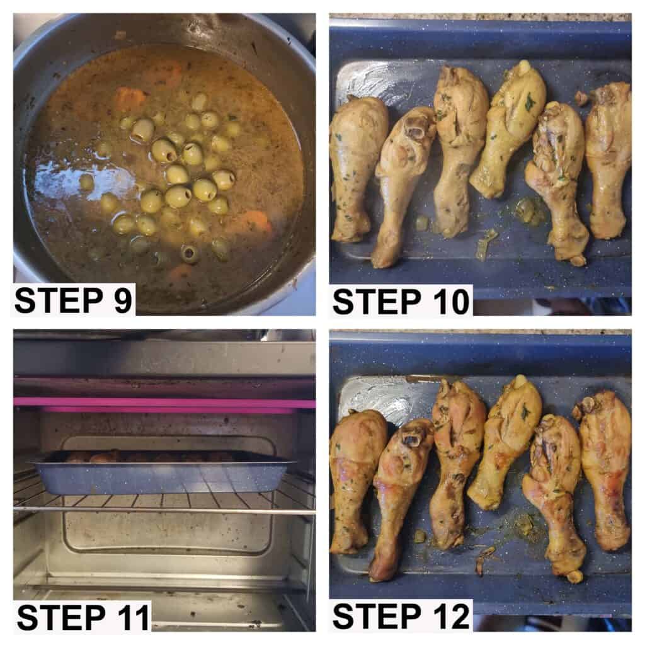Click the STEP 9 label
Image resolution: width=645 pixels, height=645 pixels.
coord(73,300)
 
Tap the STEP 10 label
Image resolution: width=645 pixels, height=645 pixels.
coord(401,302)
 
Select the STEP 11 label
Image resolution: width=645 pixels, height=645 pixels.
coord(83,617)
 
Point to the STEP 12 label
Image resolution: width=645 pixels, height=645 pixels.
coord(401,617)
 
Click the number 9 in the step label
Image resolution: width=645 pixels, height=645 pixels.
coord(122,300)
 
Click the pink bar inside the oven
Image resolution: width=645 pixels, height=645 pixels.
coord(164,403)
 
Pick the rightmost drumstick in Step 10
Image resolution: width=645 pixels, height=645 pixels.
coord(608,161)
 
